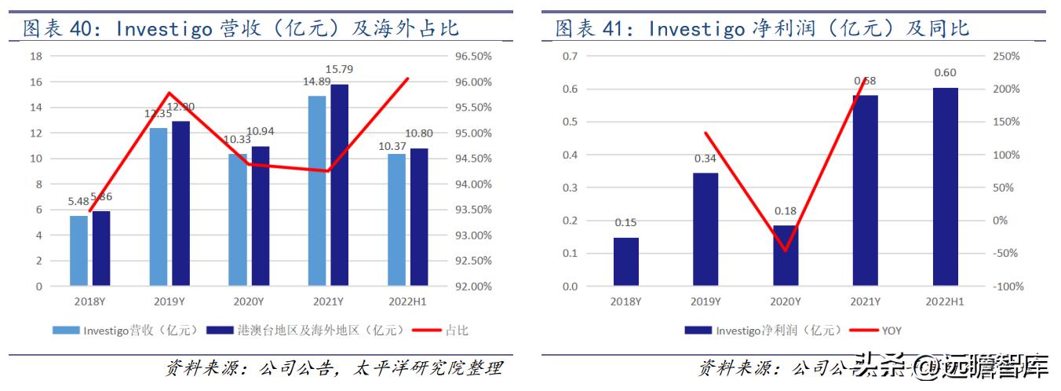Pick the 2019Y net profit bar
(706, 229)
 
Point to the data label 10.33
(237, 139)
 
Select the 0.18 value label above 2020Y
(785, 211)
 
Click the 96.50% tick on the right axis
(473, 57)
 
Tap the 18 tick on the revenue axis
(35, 57)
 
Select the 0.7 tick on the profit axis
(570, 57)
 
